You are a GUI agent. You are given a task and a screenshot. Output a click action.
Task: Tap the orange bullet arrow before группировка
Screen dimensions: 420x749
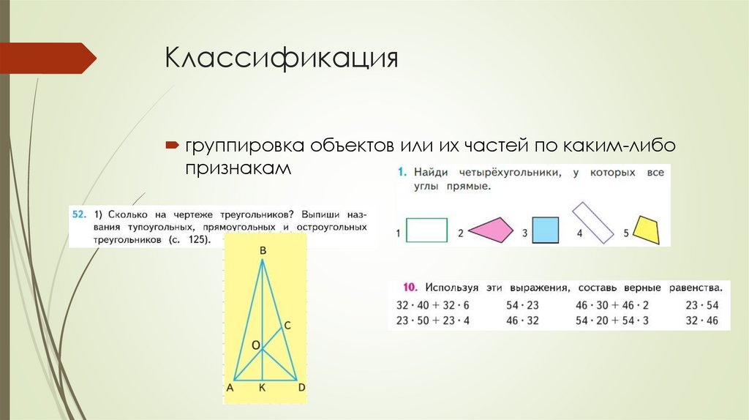tap(171, 145)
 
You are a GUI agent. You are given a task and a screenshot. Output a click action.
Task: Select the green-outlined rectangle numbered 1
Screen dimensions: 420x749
tap(426, 230)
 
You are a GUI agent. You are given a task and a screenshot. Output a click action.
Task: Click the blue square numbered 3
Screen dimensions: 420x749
tap(545, 230)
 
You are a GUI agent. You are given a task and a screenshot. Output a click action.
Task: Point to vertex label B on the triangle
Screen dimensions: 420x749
tap(262, 252)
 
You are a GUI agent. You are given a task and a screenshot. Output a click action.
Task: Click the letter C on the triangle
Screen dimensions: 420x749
tap(287, 324)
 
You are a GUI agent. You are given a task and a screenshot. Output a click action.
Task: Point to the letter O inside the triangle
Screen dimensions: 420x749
tap(255, 344)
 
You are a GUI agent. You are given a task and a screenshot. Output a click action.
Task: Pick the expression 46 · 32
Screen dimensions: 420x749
tap(522, 320)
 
